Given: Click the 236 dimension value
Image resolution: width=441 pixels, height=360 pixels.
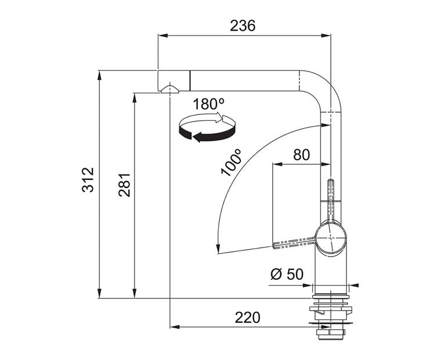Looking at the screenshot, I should [243, 26].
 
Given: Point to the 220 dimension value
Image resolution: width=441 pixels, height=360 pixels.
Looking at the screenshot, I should [247, 318].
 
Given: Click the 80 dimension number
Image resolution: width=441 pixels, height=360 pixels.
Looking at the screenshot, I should [301, 155].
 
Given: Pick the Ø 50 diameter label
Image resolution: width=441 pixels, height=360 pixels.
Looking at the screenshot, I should [287, 275].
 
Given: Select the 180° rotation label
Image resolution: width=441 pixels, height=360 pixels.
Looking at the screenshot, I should [208, 105].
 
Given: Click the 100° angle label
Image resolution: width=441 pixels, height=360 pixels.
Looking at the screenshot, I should [231, 163].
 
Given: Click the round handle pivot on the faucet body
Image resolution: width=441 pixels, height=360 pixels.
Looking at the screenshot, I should [330, 236].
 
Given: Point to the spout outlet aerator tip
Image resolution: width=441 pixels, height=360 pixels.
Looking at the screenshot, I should [169, 89].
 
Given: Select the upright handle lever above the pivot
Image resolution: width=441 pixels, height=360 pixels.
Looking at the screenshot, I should [331, 197].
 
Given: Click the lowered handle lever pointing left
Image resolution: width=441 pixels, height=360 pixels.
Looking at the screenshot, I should [294, 243].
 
